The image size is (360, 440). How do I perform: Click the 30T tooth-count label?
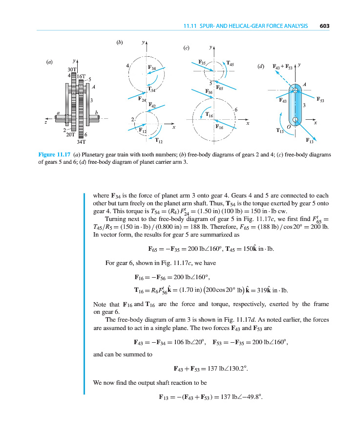[x=71, y=70]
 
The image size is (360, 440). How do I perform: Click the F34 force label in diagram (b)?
[x=152, y=67]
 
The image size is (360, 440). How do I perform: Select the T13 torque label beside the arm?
[x=280, y=131]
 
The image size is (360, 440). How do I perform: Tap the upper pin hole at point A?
[x=295, y=90]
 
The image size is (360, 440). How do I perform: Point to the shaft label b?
[x=96, y=112]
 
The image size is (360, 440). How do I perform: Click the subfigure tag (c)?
[x=186, y=48]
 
